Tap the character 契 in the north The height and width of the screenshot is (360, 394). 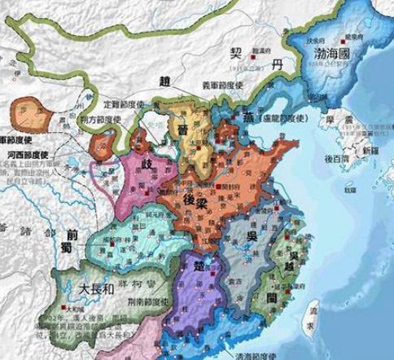[x=236, y=50]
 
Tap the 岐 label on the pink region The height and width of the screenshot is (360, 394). [x=147, y=164]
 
